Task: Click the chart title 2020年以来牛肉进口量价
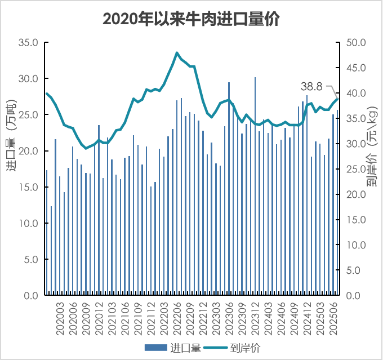click(191, 19)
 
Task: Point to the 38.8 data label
click(311, 86)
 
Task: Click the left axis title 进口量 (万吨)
click(12, 139)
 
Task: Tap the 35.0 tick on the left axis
click(28, 43)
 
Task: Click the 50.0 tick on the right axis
click(354, 43)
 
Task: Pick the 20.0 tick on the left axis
click(28, 151)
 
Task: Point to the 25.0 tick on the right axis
click(354, 169)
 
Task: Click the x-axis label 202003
click(60, 319)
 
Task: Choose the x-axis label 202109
click(138, 319)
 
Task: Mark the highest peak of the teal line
click(177, 53)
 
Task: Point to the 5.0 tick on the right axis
click(354, 270)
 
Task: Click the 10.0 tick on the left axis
click(28, 224)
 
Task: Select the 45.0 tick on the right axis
click(354, 68)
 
